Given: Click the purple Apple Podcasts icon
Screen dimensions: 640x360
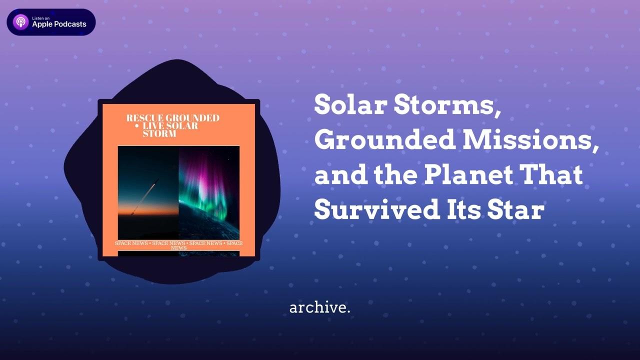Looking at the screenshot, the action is (21, 22).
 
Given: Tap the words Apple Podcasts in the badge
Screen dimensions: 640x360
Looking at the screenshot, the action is (59, 24).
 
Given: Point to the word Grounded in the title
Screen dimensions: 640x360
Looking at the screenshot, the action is (385, 139).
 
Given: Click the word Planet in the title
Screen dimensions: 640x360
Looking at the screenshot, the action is (468, 174).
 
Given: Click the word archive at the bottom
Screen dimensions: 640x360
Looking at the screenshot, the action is (317, 308).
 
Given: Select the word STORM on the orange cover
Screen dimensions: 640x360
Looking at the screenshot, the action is (159, 133).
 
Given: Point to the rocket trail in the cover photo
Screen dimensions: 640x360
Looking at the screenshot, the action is (144, 197).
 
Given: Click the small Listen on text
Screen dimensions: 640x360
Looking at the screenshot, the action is (41, 18).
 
